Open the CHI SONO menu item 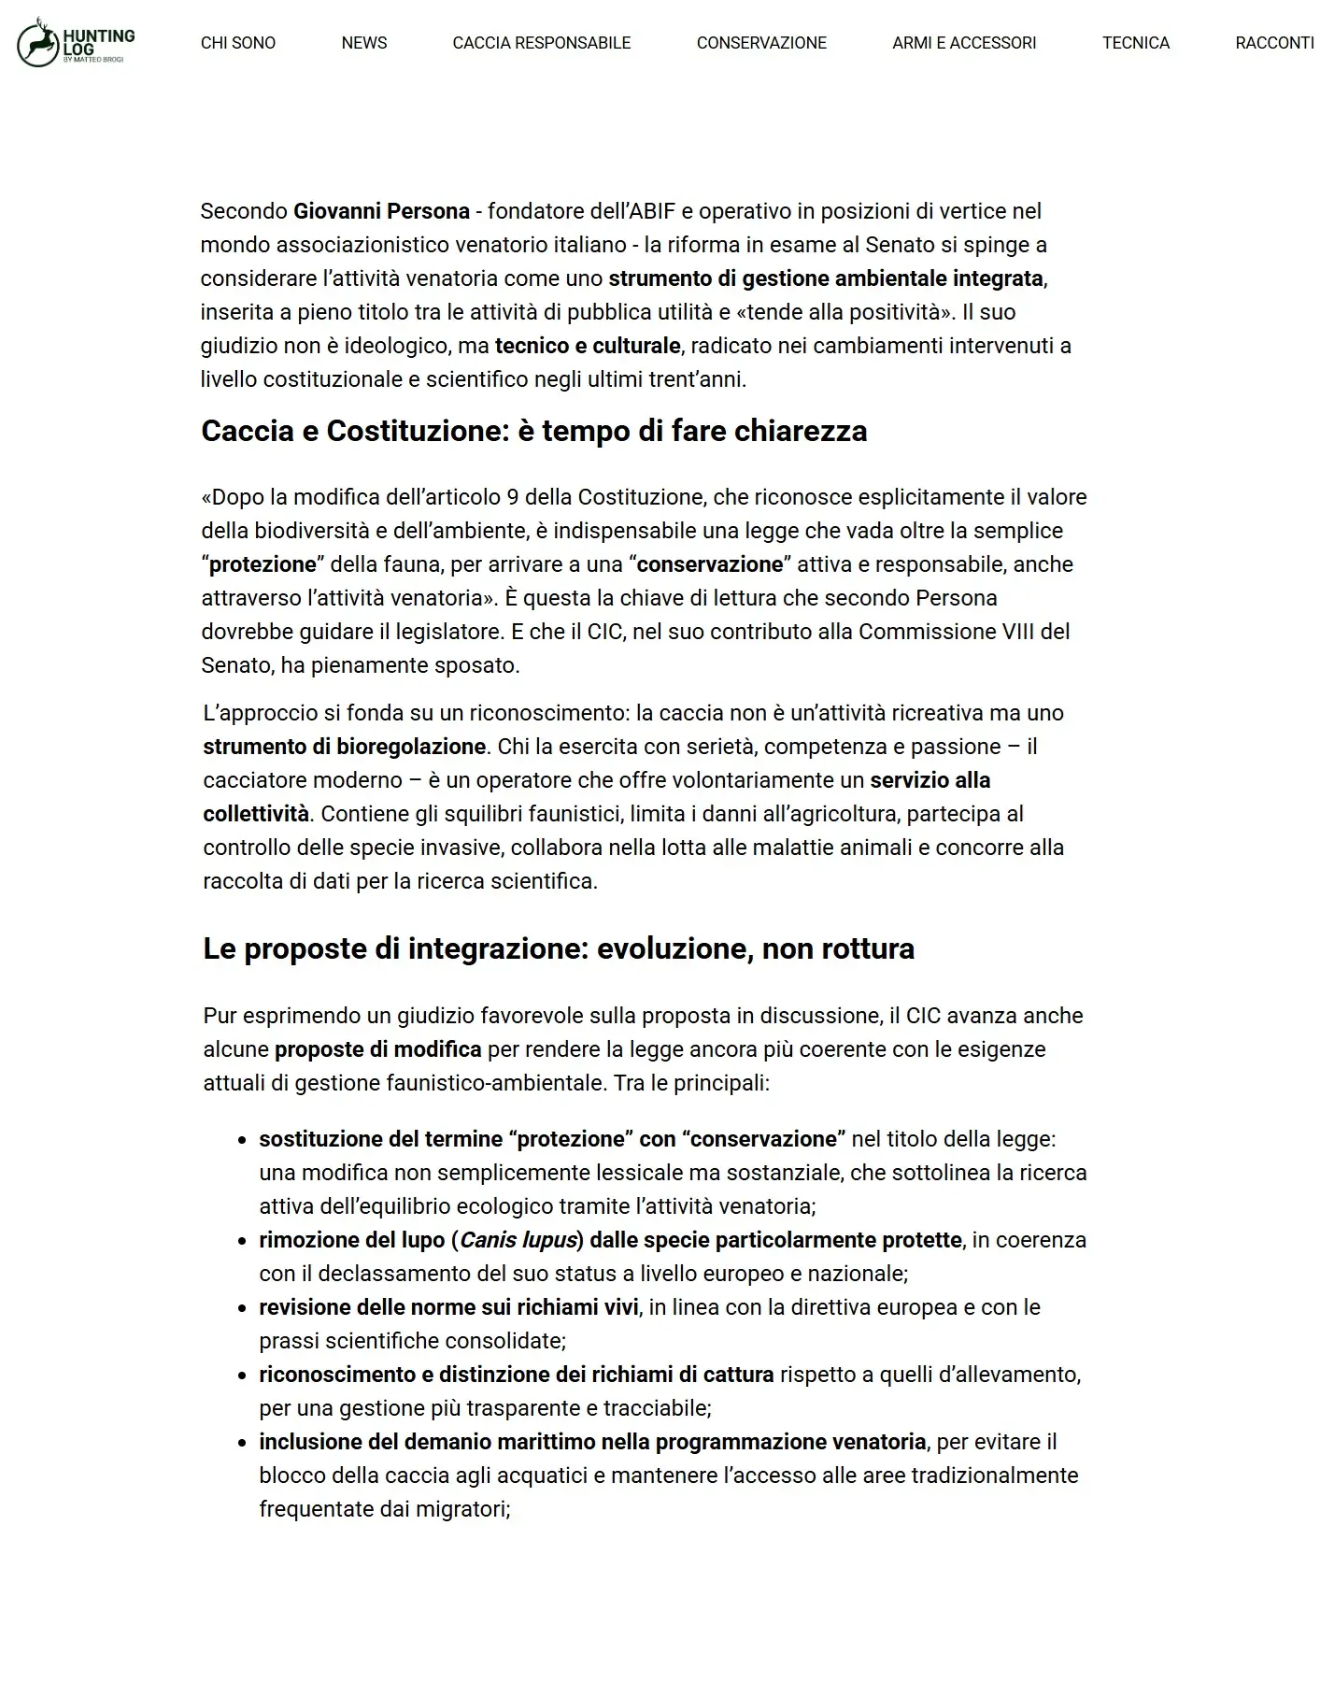[x=238, y=43]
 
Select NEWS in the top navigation [x=364, y=43]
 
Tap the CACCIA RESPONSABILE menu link [x=542, y=43]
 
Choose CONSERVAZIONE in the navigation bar [x=761, y=43]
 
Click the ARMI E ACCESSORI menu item [x=964, y=43]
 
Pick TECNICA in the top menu [x=1136, y=43]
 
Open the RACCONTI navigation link [x=1274, y=43]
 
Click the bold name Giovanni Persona [x=381, y=211]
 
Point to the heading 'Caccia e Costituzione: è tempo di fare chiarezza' [x=534, y=431]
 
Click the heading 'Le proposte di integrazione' [x=559, y=948]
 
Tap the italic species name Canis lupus [x=518, y=1240]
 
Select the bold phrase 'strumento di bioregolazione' [x=345, y=747]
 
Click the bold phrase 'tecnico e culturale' [x=588, y=346]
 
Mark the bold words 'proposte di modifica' [x=378, y=1049]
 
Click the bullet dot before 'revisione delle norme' [x=241, y=1308]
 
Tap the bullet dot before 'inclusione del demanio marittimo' [x=241, y=1443]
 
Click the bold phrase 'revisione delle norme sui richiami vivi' [x=449, y=1307]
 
